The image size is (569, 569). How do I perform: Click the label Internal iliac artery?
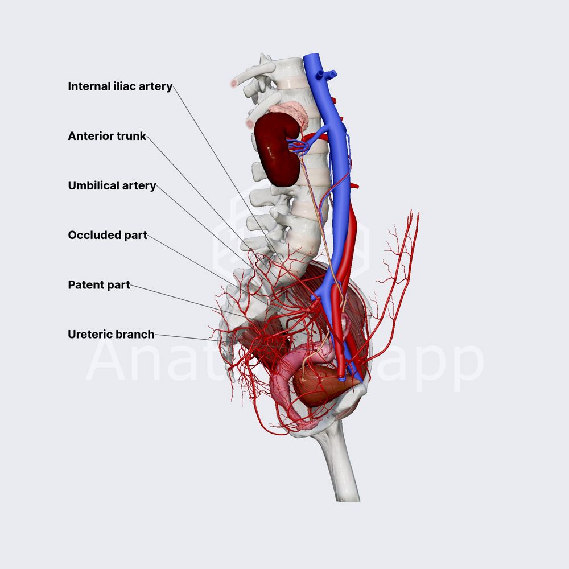119,86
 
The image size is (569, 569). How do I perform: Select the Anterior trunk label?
107,137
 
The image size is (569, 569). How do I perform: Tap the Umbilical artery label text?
112,186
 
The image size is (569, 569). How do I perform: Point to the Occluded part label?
107,236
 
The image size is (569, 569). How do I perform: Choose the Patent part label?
98,285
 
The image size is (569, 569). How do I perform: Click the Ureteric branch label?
111,335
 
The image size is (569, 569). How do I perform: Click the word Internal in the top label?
88,86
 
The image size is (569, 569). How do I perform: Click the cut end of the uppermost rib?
233,84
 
